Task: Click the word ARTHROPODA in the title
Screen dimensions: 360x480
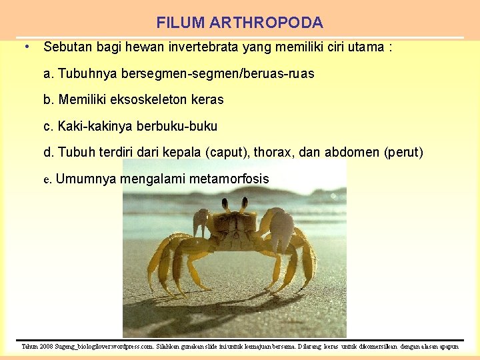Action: coord(267,23)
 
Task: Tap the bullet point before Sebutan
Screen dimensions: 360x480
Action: coord(25,47)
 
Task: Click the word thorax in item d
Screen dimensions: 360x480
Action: coord(273,153)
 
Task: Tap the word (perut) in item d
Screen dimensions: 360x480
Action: coord(404,153)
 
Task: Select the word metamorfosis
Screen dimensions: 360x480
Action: coord(229,179)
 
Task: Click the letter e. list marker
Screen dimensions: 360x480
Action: coord(47,179)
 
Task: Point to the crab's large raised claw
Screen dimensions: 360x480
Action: coord(282,227)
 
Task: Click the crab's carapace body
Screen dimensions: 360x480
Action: coord(236,223)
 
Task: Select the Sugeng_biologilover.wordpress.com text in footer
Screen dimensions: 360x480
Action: coord(108,347)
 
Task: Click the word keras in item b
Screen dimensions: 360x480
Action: coord(206,100)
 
